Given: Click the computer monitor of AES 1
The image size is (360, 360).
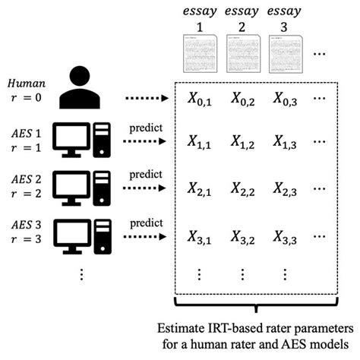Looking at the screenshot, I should click(x=74, y=137).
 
